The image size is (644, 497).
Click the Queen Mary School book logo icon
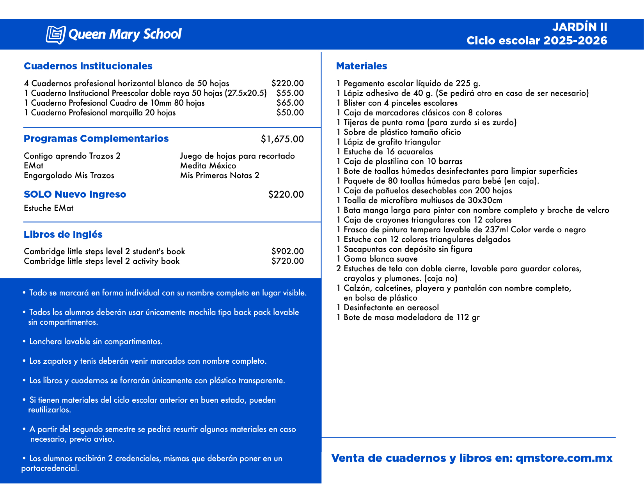(55, 35)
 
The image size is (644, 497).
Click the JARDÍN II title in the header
(580, 27)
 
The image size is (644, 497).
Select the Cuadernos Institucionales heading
(88, 66)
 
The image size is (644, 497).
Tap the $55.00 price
(290, 93)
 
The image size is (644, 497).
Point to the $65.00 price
(290, 103)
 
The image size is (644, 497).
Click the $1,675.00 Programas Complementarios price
(282, 139)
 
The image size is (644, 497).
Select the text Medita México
(208, 166)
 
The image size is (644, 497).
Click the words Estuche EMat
(48, 208)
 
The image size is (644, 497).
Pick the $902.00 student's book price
(287, 251)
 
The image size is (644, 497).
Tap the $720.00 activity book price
(287, 261)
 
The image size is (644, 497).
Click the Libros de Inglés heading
(63, 235)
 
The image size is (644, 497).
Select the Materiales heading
(361, 66)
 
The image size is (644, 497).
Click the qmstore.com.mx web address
(564, 458)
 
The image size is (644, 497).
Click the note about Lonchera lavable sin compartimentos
(96, 342)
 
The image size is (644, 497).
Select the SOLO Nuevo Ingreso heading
(75, 195)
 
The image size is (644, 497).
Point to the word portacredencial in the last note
(50, 468)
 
